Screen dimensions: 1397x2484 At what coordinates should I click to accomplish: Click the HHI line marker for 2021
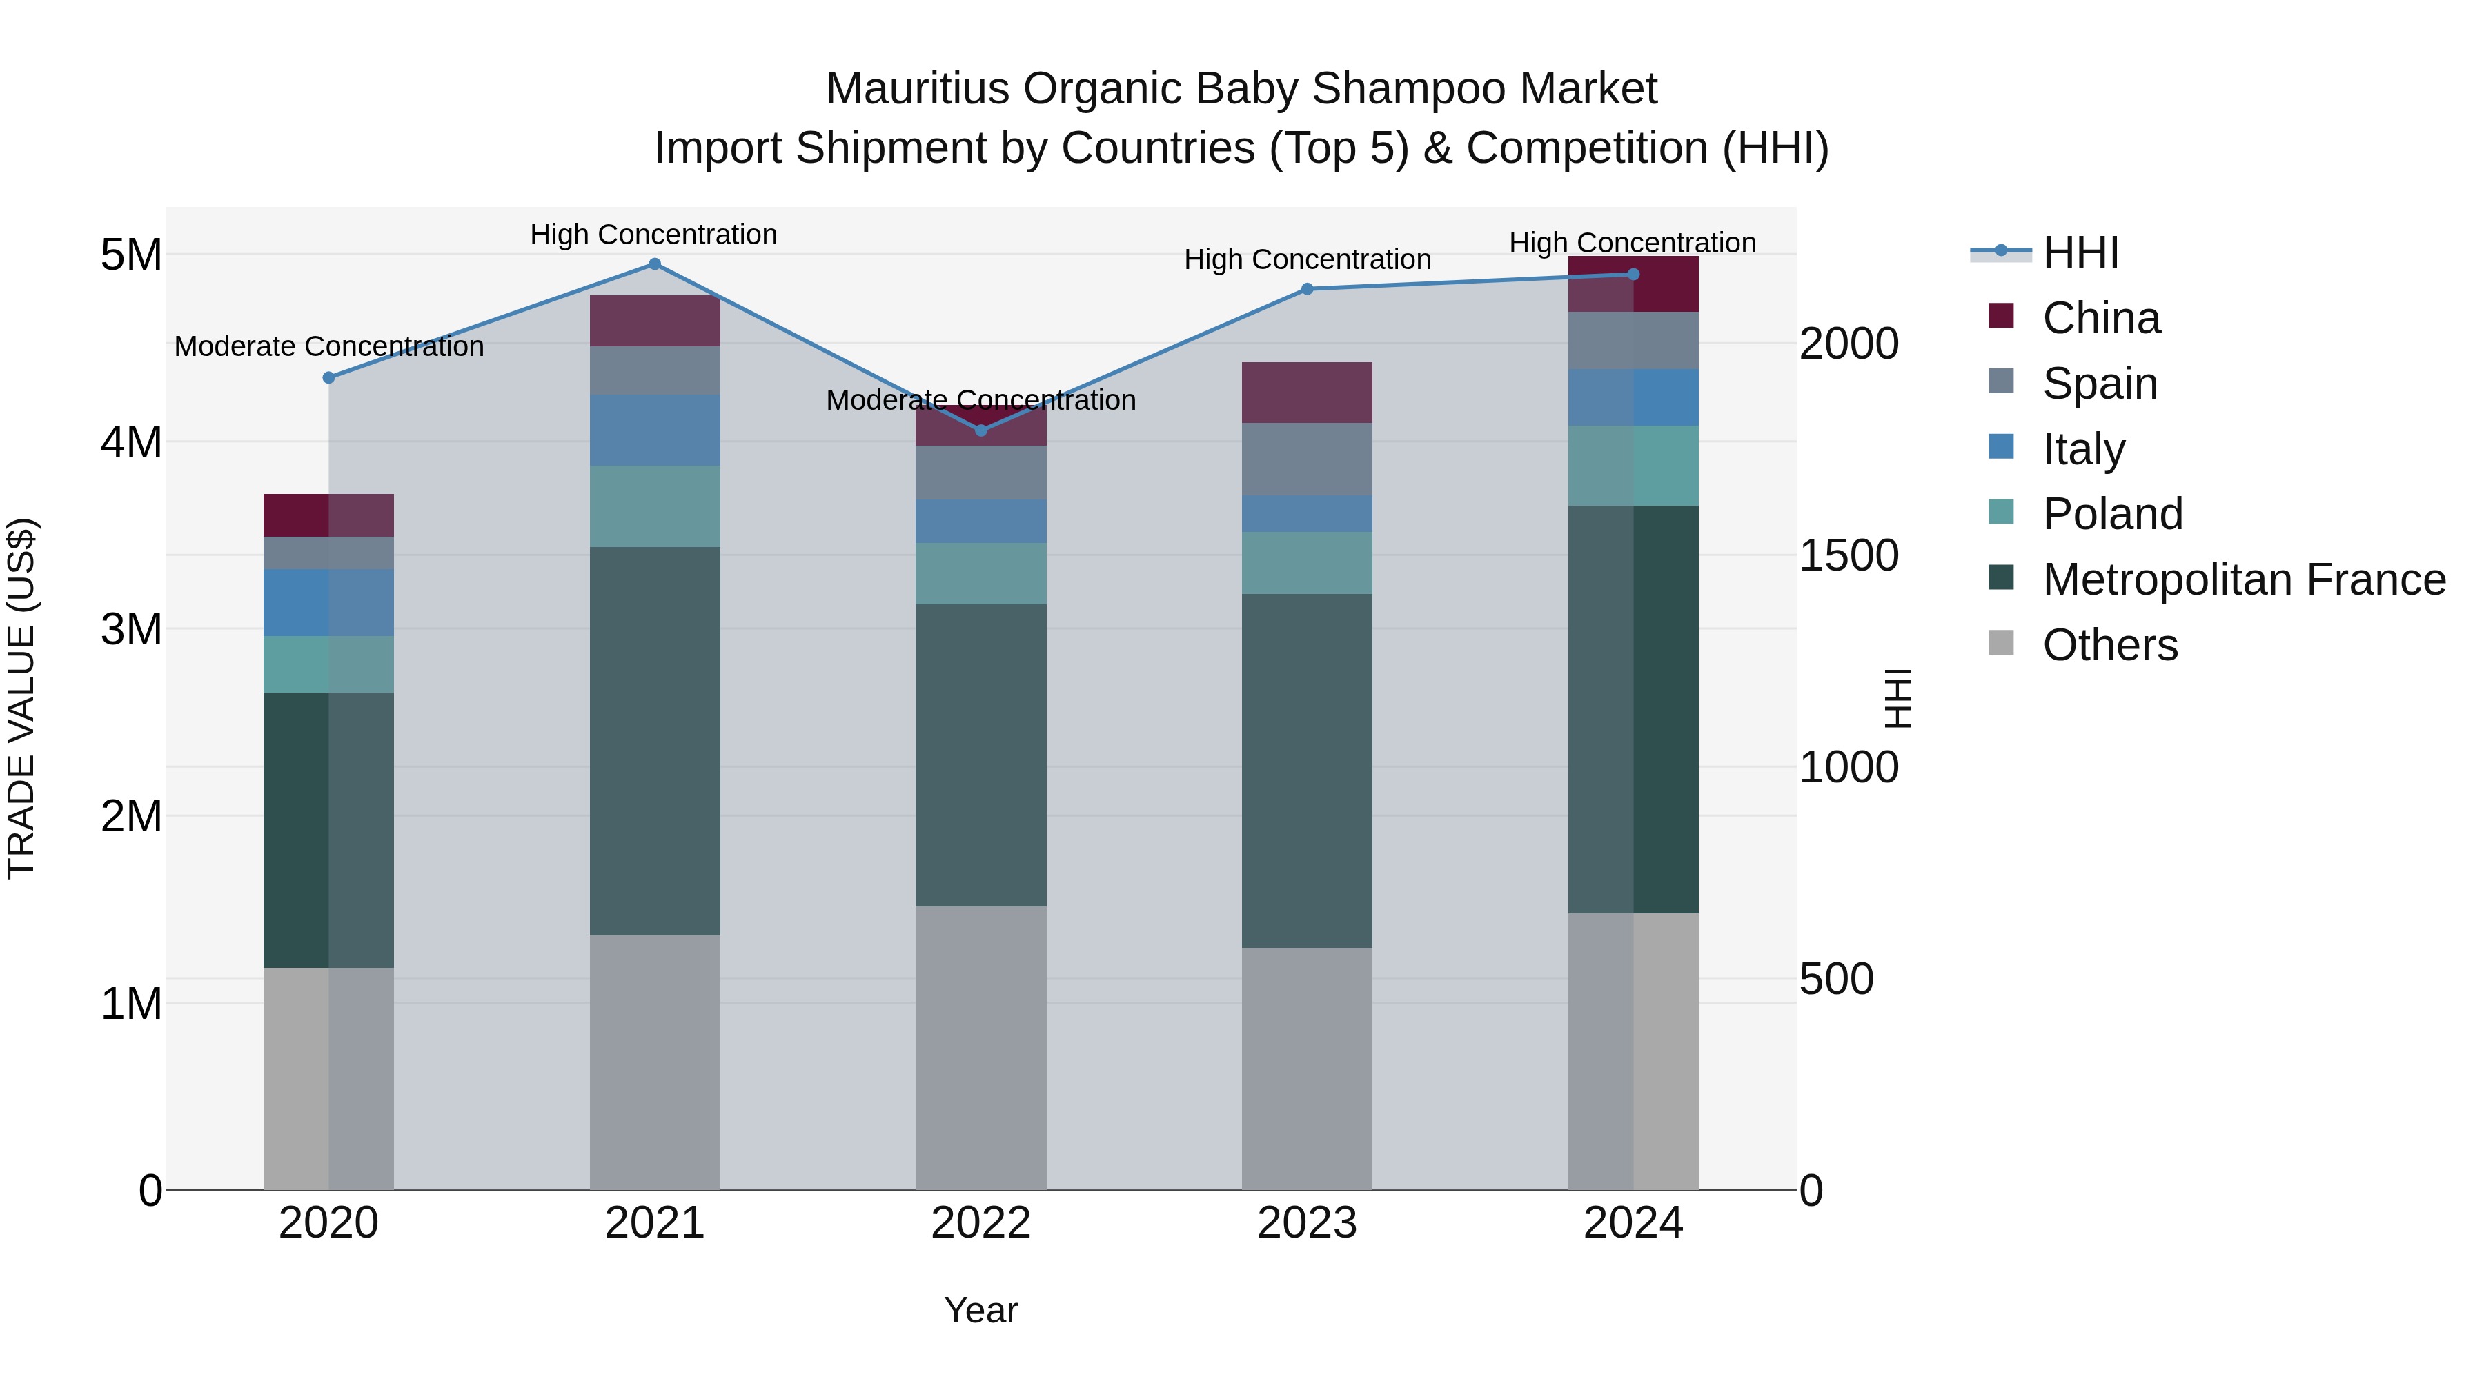655,264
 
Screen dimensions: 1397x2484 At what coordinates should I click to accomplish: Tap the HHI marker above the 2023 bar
1307,289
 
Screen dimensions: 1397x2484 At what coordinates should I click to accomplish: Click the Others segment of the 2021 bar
655,1060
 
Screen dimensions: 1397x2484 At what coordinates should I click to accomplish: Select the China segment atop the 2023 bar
1307,393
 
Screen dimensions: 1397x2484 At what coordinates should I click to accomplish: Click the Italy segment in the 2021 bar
655,430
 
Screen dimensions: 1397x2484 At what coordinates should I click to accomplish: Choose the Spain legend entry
2099,384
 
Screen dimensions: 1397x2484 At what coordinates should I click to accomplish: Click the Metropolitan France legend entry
2243,579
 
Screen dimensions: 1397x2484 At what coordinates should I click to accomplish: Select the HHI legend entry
2080,252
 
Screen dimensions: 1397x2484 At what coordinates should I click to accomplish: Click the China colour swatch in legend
2001,316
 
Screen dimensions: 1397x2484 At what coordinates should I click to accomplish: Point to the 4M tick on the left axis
131,442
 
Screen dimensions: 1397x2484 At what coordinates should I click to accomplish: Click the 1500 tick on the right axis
1849,555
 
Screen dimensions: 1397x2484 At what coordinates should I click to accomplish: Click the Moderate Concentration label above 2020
329,346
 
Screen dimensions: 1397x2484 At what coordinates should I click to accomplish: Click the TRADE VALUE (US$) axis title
21,698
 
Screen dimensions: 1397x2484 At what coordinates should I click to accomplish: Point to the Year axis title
980,1310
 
